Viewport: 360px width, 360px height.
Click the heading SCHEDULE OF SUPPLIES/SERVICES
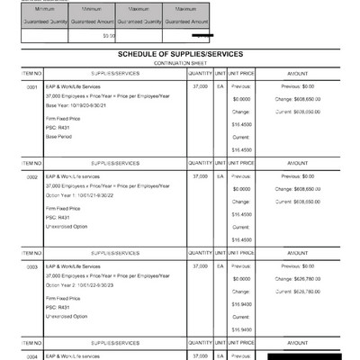[x=179, y=54]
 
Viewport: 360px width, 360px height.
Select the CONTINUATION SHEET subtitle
[x=179, y=63]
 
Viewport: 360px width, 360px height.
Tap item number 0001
[x=31, y=87]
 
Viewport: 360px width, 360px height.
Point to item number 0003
[x=31, y=267]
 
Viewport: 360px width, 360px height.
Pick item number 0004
[x=31, y=355]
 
